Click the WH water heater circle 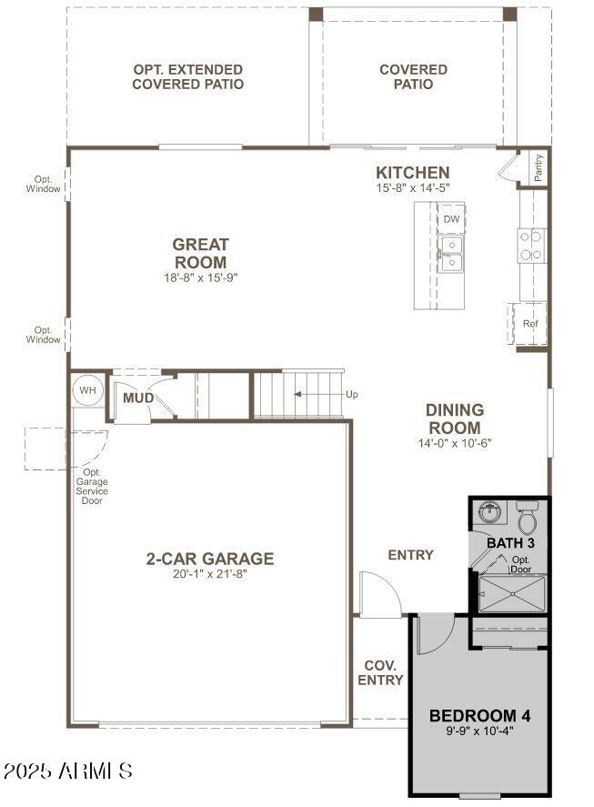point(87,389)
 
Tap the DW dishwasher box point(451,219)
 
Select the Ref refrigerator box point(530,324)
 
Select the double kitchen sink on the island point(450,255)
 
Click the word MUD point(138,398)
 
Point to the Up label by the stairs point(352,394)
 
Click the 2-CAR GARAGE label point(210,559)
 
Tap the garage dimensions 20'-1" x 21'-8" point(210,574)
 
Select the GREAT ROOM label point(200,253)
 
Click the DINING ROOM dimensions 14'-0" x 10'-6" point(454,444)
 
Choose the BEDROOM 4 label point(479,714)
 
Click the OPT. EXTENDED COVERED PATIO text point(187,76)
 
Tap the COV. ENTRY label point(380,672)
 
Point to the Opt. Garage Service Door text point(92,486)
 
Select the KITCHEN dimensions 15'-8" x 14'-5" point(412,187)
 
